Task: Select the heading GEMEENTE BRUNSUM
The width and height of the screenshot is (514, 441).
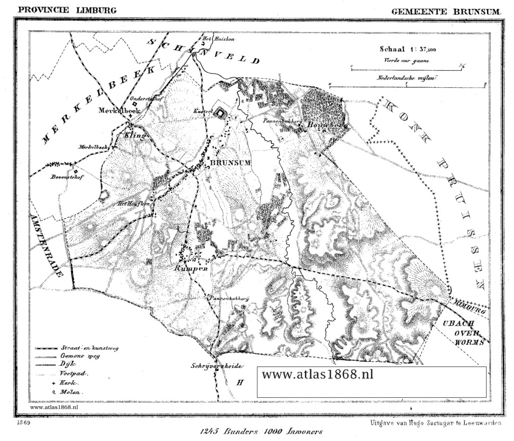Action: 445,11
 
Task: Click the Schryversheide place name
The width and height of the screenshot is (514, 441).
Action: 214,365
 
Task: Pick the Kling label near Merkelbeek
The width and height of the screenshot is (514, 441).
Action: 136,135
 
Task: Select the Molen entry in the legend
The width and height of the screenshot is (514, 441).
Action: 71,391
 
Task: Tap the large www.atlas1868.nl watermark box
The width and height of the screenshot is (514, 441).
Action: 371,382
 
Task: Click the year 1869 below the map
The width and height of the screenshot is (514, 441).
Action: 23,423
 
